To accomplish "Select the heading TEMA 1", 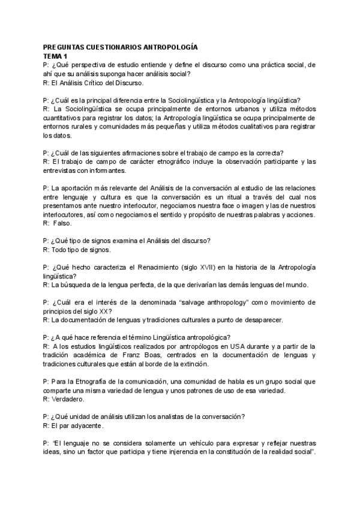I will point(56,55).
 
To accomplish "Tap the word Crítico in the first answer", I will point(102,83).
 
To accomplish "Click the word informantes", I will point(104,170).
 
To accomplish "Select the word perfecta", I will point(143,285).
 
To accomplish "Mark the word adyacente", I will point(87,426).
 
